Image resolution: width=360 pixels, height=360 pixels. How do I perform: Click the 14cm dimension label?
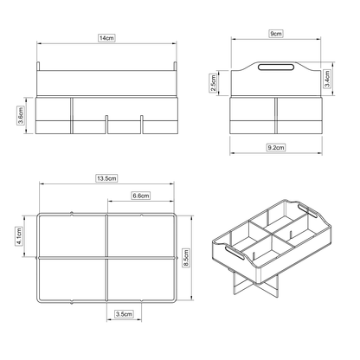pos(106,39)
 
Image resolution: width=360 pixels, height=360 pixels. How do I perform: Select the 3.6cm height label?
pos(22,115)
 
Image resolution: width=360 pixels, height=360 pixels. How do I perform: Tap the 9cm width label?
pos(275,33)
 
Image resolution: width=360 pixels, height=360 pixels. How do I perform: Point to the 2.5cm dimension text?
pos(214,83)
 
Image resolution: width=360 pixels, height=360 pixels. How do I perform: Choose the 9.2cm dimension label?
pos(276,148)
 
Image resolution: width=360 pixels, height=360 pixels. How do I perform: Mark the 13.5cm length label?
pos(106,177)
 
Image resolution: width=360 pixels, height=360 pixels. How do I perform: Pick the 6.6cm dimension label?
pos(142,196)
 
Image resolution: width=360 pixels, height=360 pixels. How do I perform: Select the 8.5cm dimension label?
pos(185,256)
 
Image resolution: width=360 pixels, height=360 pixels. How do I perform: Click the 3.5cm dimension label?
pos(124,316)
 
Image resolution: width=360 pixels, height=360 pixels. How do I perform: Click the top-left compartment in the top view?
pos(72,236)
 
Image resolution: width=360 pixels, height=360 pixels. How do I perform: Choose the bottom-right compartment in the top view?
pos(140,280)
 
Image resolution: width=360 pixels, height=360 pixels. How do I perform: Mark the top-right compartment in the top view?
pos(140,236)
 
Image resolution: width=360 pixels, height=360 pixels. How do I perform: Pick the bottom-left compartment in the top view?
pos(72,280)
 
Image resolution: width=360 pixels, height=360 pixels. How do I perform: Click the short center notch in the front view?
pos(106,123)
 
